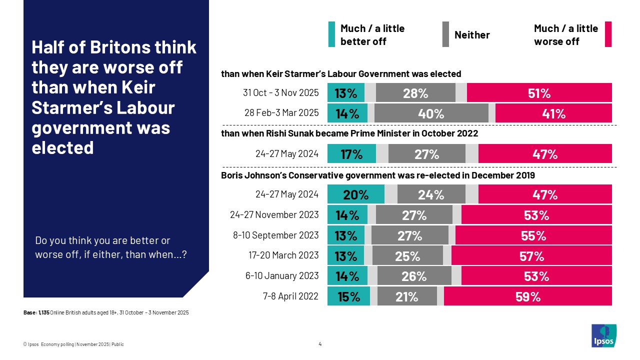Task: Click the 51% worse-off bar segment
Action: [x=539, y=93]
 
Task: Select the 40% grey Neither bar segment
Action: [x=431, y=113]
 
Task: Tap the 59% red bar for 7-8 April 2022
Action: [x=527, y=296]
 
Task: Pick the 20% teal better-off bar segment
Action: [x=355, y=194]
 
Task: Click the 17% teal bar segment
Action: [x=351, y=154]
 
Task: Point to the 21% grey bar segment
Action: [x=407, y=296]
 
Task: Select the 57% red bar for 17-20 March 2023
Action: [x=531, y=256]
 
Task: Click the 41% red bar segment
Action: [x=553, y=113]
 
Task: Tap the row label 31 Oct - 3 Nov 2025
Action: [x=280, y=93]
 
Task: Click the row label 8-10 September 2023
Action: [x=275, y=235]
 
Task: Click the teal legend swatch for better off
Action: [x=331, y=34]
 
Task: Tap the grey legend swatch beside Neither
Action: [x=445, y=34]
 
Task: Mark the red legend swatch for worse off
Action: [x=608, y=34]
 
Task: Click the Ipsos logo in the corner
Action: [x=603, y=335]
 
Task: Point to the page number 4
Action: [x=320, y=344]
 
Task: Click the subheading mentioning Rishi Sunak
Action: [x=349, y=133]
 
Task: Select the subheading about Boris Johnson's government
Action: [x=377, y=175]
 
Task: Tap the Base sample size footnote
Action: [x=106, y=312]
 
